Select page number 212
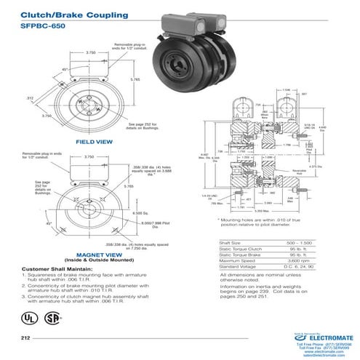pos(25,339)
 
